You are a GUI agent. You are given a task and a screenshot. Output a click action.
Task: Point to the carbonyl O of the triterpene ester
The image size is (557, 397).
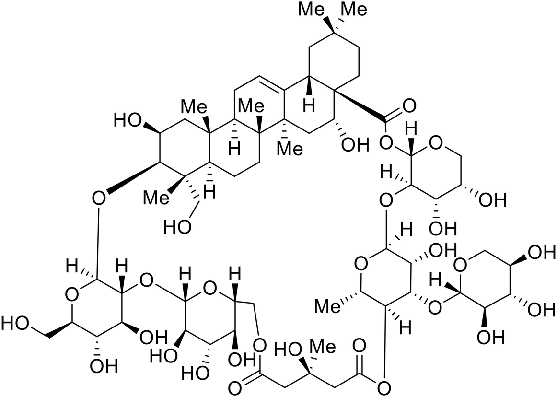[x=409, y=105]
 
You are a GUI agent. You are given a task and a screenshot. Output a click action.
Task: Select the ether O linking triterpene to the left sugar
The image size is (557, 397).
[x=99, y=198]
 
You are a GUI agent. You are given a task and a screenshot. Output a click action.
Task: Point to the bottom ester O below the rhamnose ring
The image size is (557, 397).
[x=384, y=386]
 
